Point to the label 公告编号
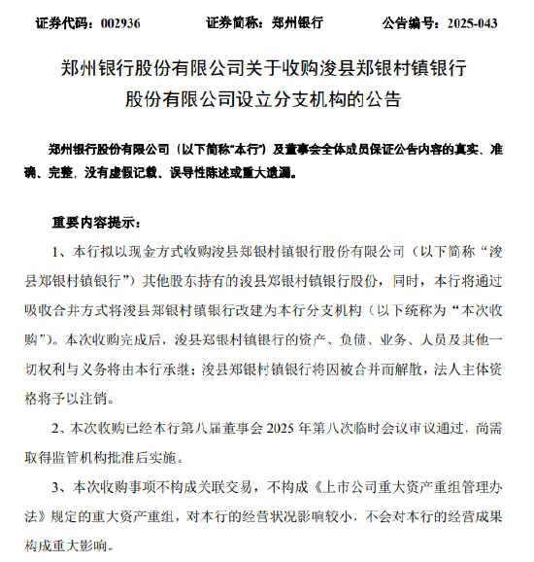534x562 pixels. click(x=405, y=20)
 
